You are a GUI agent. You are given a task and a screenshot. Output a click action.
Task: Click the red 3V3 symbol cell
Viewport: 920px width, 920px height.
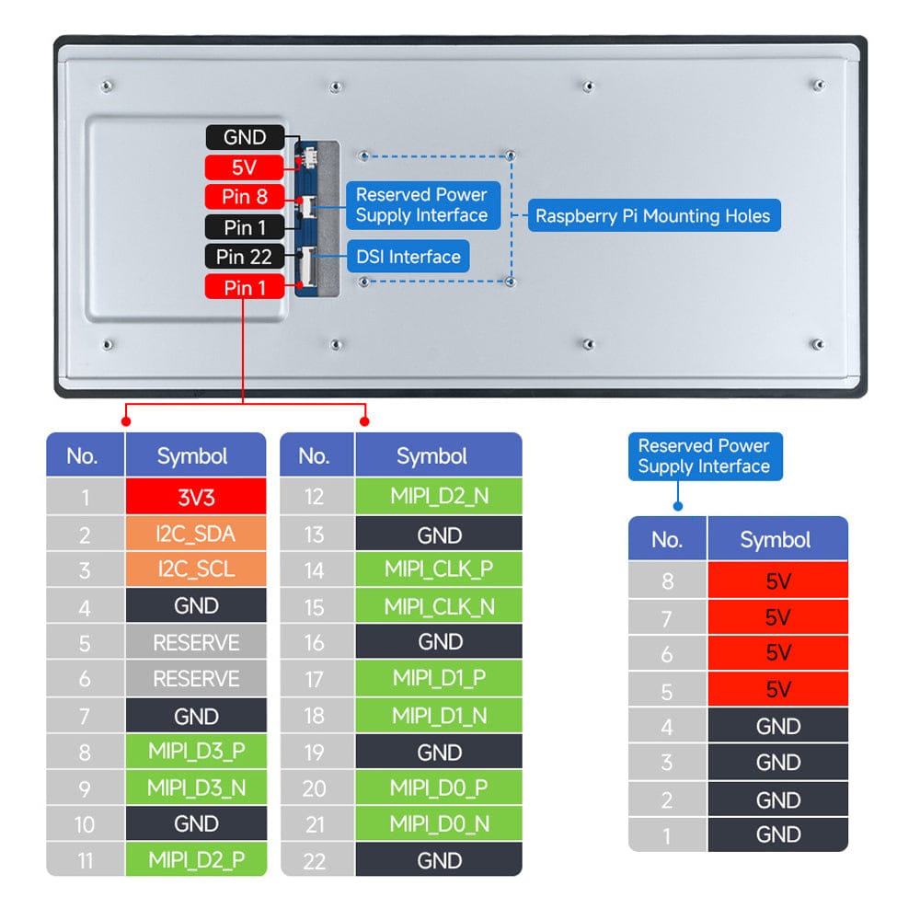196,497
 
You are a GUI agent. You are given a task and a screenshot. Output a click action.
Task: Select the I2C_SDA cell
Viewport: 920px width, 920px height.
196,534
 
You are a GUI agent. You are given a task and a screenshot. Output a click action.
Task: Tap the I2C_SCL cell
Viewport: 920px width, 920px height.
196,569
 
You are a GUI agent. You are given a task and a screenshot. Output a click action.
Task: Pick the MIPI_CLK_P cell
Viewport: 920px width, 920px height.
439,569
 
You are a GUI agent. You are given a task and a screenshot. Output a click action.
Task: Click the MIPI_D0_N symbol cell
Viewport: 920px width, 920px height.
439,823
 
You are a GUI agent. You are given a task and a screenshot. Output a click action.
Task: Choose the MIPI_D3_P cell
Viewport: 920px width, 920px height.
196,751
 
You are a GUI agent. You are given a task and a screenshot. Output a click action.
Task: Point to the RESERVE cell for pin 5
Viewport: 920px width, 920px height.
196,642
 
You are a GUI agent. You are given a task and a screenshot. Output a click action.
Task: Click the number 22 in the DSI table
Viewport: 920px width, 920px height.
315,860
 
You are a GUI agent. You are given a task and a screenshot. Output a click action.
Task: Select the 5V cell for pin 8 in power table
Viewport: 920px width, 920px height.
777,581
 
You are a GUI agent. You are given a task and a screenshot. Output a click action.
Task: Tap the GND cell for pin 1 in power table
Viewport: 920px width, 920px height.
777,834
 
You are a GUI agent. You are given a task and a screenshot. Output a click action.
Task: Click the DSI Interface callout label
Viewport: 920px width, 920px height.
408,257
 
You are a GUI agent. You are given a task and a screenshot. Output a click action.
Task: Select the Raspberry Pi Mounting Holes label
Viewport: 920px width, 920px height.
653,216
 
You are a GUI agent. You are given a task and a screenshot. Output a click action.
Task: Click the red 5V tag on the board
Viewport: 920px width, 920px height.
245,167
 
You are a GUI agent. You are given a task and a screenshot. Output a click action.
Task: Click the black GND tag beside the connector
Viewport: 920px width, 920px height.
245,138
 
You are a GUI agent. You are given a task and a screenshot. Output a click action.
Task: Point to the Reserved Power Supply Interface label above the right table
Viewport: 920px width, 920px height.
704,456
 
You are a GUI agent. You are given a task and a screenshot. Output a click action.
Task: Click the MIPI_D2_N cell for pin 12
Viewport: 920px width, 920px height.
439,497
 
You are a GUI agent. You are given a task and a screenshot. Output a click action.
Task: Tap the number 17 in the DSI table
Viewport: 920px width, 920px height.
315,679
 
